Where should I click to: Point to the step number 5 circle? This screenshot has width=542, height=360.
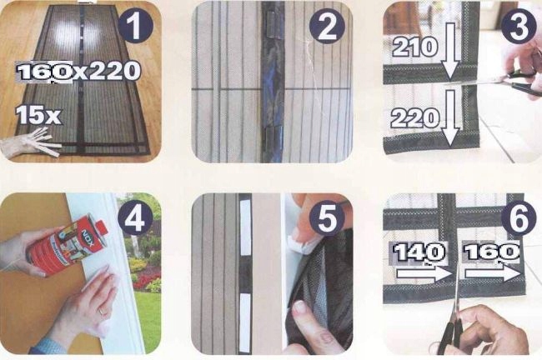(x=326, y=219)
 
